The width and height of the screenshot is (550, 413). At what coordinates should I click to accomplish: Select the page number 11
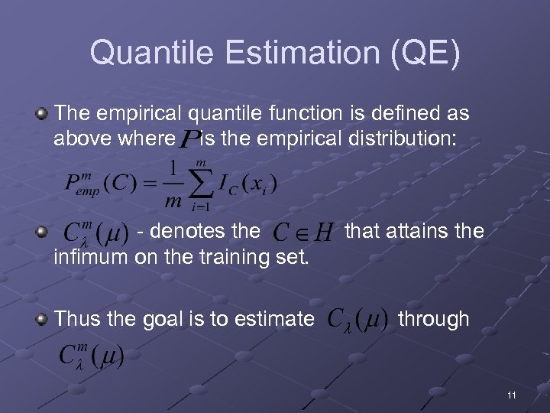tap(511, 395)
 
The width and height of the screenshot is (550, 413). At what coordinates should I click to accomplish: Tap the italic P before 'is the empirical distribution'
tap(188, 140)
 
